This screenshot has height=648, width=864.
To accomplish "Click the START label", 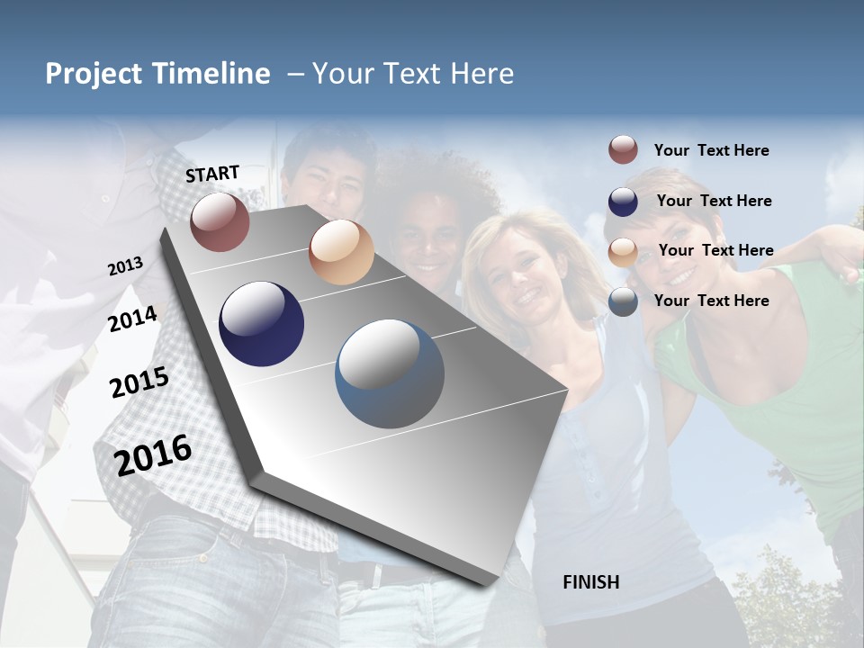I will (212, 174).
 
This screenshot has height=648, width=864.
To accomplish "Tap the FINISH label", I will (590, 582).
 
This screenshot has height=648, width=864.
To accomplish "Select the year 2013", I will (126, 266).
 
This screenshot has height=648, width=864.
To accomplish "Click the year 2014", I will (133, 319).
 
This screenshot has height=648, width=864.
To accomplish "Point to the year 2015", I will (139, 383).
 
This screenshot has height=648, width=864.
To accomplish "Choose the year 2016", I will (153, 454).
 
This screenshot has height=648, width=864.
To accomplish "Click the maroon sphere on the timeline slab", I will (220, 221).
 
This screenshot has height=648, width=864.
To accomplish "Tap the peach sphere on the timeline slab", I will (341, 252).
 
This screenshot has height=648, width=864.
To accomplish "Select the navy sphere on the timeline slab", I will (262, 324).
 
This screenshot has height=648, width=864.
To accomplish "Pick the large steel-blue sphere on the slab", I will (390, 373).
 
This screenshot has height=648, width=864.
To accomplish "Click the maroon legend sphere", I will (623, 150).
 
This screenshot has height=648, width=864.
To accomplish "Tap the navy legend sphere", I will (623, 201).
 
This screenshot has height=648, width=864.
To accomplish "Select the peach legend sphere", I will (623, 251).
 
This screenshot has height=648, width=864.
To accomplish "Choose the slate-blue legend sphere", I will (623, 301).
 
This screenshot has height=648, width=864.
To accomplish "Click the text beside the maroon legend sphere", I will (711, 150).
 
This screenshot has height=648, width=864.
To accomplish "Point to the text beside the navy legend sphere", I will (714, 201).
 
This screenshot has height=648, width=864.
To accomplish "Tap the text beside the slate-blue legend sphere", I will (711, 301).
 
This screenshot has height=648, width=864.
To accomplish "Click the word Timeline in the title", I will (213, 74).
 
